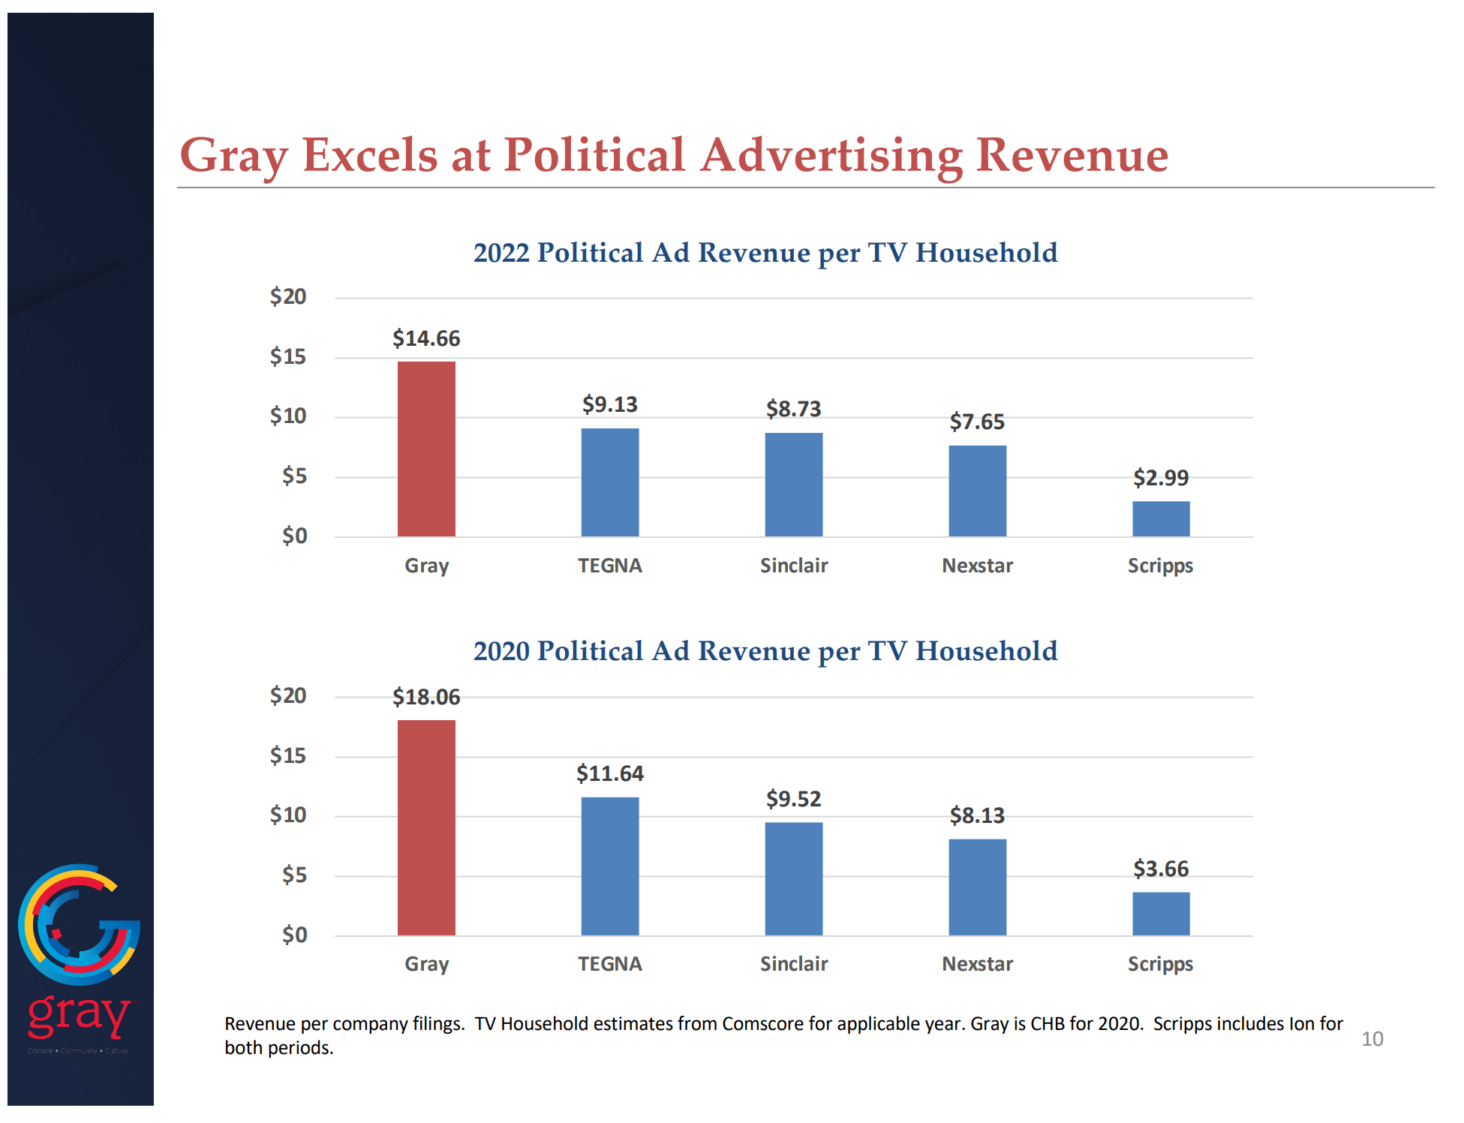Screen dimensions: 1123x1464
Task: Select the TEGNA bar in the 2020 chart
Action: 609,866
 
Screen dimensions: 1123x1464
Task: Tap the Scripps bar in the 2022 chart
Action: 1160,518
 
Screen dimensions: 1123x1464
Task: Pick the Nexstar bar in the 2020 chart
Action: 977,887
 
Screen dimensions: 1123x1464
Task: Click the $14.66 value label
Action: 426,338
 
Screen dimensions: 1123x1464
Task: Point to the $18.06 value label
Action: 426,697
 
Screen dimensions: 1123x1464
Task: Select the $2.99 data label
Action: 1160,478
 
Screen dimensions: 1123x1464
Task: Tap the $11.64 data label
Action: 609,773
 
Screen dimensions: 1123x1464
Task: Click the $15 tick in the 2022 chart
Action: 288,356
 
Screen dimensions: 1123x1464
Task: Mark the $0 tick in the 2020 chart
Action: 294,935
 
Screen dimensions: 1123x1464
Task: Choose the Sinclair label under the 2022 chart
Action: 793,566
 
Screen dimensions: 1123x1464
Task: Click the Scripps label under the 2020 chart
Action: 1160,964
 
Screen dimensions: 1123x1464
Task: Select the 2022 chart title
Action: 765,253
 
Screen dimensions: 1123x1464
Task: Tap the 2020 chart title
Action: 765,651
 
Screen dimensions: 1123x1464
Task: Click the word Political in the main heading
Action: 594,155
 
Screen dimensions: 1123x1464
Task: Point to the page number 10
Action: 1372,1039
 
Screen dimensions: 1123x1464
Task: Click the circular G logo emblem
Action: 79,924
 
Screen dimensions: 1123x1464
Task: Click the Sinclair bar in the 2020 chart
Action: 793,878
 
